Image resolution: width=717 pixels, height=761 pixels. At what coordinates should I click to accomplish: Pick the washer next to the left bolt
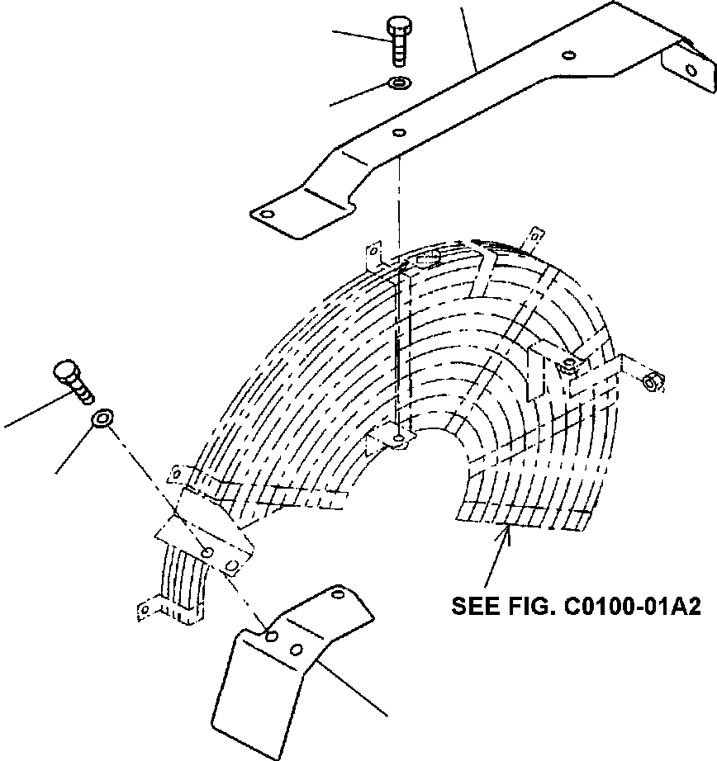[x=102, y=419]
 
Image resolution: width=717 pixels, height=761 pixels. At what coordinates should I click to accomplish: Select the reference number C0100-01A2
[x=631, y=607]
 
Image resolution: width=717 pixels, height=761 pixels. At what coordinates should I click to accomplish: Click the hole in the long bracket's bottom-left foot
[x=267, y=214]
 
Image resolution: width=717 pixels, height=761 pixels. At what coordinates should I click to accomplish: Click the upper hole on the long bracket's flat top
[x=569, y=54]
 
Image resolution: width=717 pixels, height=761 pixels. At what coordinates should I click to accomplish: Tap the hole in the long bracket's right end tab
[x=691, y=70]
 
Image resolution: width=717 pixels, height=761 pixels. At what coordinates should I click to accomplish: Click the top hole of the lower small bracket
[x=337, y=593]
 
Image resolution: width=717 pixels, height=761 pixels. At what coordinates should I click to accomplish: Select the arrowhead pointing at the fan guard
[x=508, y=533]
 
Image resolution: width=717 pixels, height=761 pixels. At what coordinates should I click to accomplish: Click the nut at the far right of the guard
[x=653, y=381]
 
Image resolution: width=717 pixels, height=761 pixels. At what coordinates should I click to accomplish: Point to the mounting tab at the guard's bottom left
[x=145, y=609]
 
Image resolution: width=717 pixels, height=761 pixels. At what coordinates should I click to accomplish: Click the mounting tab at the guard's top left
[x=373, y=254]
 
